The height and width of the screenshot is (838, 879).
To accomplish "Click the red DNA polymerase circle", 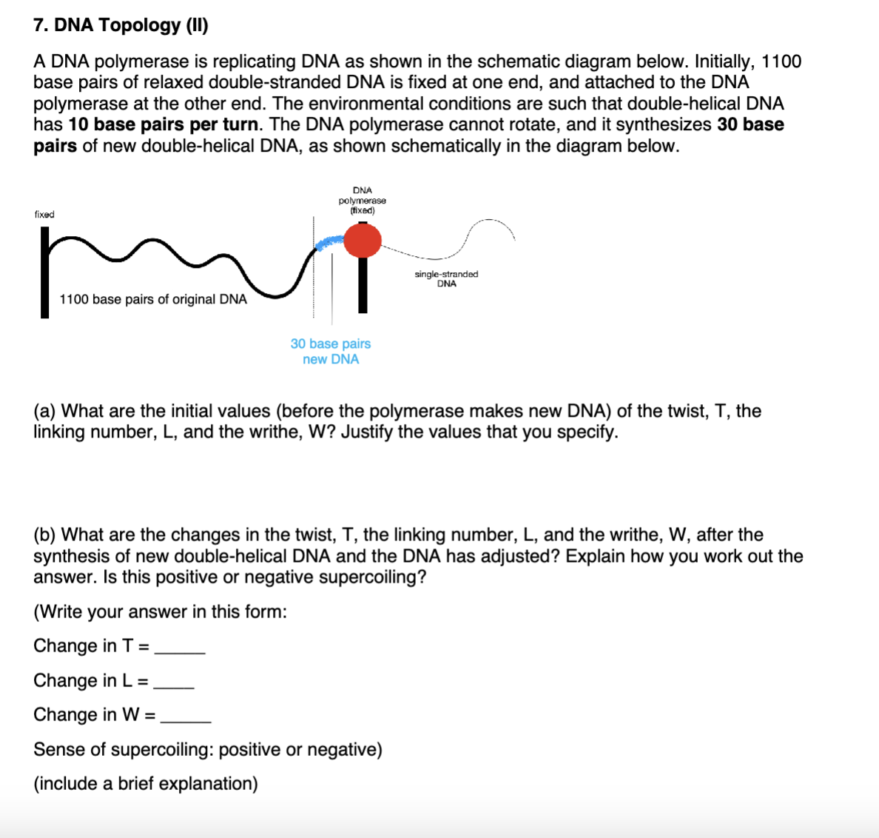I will coord(363,240).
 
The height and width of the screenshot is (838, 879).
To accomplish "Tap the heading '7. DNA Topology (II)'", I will coord(121,25).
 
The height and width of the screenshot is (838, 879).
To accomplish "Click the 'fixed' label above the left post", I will coord(44,214).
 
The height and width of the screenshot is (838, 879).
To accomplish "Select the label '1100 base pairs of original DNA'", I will coord(153,299).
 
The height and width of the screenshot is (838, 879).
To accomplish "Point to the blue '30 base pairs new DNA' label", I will coord(331,352).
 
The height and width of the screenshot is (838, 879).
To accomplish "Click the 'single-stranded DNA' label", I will coord(446,279).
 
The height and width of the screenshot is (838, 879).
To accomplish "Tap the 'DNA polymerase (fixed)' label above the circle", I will coord(363,201).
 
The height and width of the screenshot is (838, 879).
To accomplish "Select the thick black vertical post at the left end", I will coord(45,274).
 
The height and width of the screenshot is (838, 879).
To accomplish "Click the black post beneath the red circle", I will coord(363,285).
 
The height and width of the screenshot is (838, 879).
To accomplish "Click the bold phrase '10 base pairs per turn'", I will coord(164,124).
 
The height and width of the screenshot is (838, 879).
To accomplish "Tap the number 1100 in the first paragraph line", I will coord(781,61).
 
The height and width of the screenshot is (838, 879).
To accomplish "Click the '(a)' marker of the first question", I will coord(44,411).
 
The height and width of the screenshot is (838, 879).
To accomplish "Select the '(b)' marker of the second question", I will coord(44,534).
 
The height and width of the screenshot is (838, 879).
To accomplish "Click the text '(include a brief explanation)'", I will coord(146,783).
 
